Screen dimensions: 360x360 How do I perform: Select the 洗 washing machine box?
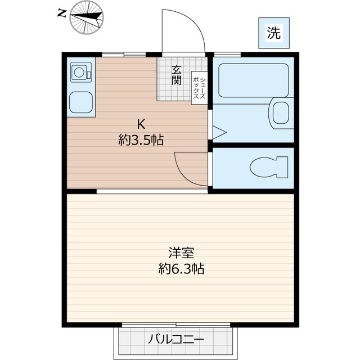click(273, 33)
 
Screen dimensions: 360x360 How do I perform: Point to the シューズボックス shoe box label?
click(199, 87)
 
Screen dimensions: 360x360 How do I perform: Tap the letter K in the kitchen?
click(141, 123)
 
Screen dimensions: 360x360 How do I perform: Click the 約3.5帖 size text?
click(141, 140)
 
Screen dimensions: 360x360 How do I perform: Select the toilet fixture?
click(268, 168)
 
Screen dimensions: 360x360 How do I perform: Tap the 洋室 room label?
click(180, 253)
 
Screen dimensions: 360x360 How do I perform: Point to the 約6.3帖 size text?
click(180, 269)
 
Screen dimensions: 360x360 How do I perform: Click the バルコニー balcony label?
click(177, 340)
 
